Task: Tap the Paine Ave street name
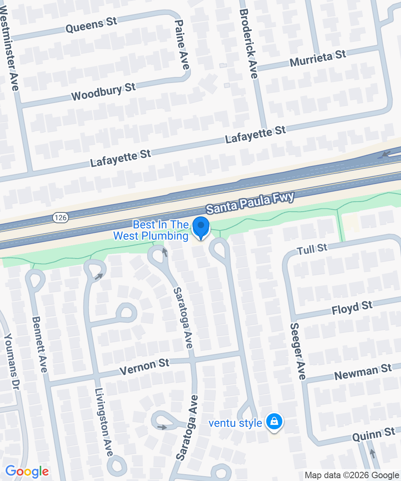tap(182, 44)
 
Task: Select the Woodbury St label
tap(103, 92)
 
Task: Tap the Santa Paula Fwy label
tap(250, 202)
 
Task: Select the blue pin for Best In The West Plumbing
tap(201, 228)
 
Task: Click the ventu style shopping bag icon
tap(274, 422)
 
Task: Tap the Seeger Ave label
tap(298, 351)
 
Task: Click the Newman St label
tap(363, 372)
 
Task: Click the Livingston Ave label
tap(103, 422)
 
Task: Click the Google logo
tap(27, 472)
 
